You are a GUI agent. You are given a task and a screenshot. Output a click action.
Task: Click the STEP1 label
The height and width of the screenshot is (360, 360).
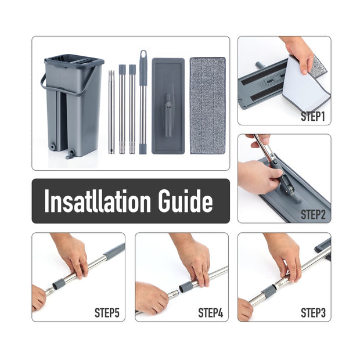(313, 116)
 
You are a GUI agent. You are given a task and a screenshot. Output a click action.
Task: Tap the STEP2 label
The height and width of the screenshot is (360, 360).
(313, 215)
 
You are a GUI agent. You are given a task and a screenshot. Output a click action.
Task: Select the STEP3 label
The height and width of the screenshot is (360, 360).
(313, 312)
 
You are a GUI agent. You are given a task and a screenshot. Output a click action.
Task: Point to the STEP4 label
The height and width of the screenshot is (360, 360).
(211, 312)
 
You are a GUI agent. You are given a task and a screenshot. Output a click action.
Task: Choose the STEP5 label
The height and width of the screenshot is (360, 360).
(107, 312)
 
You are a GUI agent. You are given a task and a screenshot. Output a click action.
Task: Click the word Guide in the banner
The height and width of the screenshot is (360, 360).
(185, 201)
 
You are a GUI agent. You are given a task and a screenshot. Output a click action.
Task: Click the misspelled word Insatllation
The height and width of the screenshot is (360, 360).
(98, 201)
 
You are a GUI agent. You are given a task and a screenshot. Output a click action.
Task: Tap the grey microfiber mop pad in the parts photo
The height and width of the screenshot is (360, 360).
(207, 106)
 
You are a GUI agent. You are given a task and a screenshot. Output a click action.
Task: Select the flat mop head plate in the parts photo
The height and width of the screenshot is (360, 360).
(168, 106)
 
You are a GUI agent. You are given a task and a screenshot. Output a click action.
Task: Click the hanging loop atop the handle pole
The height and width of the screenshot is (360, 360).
(143, 55)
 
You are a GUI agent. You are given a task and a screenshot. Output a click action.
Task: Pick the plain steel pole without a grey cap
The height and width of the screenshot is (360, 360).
(111, 112)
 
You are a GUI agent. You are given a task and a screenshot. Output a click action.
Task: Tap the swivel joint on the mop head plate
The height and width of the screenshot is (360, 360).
(168, 115)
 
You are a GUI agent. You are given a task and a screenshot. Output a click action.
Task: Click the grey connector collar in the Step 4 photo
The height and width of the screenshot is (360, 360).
(186, 287)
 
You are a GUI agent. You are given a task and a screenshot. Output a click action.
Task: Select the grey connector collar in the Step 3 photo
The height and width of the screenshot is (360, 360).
(268, 291)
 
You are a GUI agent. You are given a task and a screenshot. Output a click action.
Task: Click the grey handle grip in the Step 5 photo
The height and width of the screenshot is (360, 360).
(114, 250)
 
